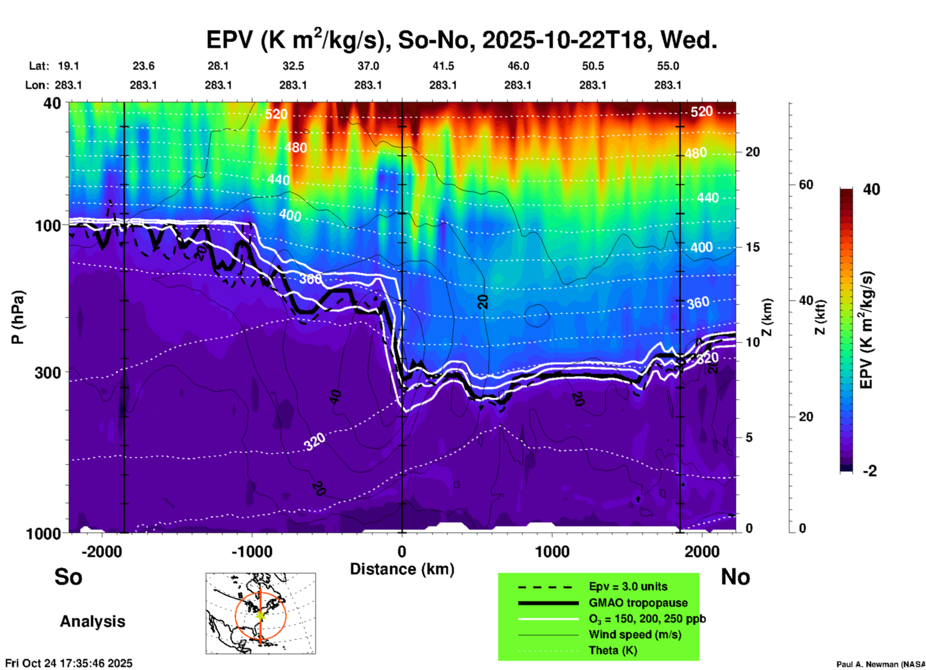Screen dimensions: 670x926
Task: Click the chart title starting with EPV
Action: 462,39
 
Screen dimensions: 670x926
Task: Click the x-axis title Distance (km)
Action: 402,569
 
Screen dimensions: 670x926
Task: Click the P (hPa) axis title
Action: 17,317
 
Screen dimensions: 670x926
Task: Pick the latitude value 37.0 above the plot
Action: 368,66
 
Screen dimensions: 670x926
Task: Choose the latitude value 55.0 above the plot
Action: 668,66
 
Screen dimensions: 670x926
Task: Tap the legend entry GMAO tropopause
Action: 638,603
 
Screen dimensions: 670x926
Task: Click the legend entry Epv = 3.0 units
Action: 628,587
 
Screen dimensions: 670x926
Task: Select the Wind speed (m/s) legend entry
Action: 635,634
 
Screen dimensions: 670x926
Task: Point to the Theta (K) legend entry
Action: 613,650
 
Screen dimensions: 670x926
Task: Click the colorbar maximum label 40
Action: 871,189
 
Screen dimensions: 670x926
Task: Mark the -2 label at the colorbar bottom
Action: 870,471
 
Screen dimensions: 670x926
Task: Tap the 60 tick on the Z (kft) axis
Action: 806,185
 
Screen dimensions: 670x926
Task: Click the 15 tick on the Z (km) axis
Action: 752,247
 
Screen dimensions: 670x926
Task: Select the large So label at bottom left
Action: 68,577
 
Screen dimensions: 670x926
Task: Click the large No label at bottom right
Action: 735,577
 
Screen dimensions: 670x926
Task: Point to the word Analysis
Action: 92,621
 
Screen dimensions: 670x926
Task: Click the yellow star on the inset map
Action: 261,615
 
